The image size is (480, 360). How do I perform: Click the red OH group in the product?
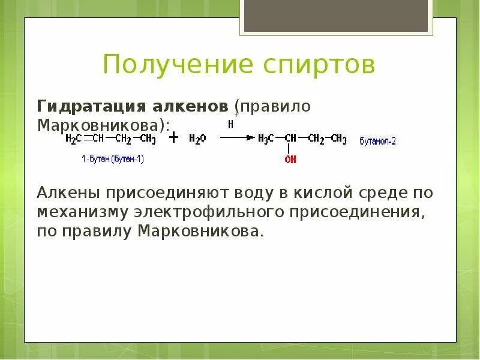tap(290, 159)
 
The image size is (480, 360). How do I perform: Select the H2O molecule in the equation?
tap(197, 139)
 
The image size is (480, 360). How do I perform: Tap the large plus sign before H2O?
tap(173, 138)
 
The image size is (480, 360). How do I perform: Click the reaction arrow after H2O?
tap(237, 137)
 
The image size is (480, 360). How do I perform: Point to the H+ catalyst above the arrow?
tap(231, 124)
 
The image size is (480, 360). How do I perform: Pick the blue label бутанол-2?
tap(377, 142)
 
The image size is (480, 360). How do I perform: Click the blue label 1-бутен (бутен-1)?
tap(113, 159)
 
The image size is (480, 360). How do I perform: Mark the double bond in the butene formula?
tap(87, 139)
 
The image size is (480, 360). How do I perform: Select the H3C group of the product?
tap(265, 139)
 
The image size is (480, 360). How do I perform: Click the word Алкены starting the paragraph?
tap(69, 193)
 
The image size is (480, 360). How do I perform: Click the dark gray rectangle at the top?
tap(336, 16)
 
